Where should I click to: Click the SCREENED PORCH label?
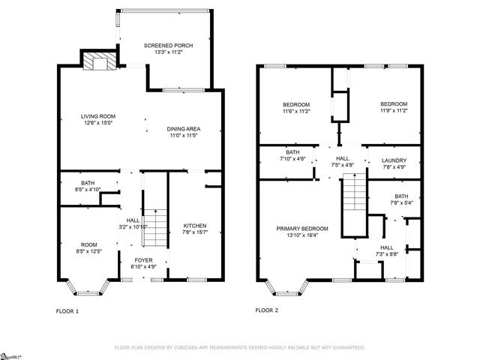coord(168,46)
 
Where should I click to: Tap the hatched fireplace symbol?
coord(100,61)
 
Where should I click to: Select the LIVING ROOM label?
coord(98,116)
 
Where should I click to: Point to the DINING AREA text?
coord(184,129)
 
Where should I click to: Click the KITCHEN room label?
coord(195,226)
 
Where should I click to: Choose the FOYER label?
coord(143,260)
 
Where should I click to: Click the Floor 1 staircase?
coord(155,228)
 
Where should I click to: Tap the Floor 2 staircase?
coord(355,192)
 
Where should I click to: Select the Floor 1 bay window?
coord(88,288)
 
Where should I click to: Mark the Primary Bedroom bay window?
coord(286,288)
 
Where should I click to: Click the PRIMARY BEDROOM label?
coord(302,229)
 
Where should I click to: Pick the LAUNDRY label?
coord(394,160)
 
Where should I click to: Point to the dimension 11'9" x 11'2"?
coord(394,110)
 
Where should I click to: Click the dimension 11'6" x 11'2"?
coord(296,111)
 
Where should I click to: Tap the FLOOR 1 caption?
coord(67,311)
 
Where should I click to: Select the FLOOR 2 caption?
coord(267,310)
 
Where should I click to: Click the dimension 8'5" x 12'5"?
coord(88,251)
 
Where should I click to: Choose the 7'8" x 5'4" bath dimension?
coord(401,202)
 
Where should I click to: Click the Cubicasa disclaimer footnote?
coord(240,347)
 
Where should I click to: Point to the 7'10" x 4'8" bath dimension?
coord(292,159)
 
